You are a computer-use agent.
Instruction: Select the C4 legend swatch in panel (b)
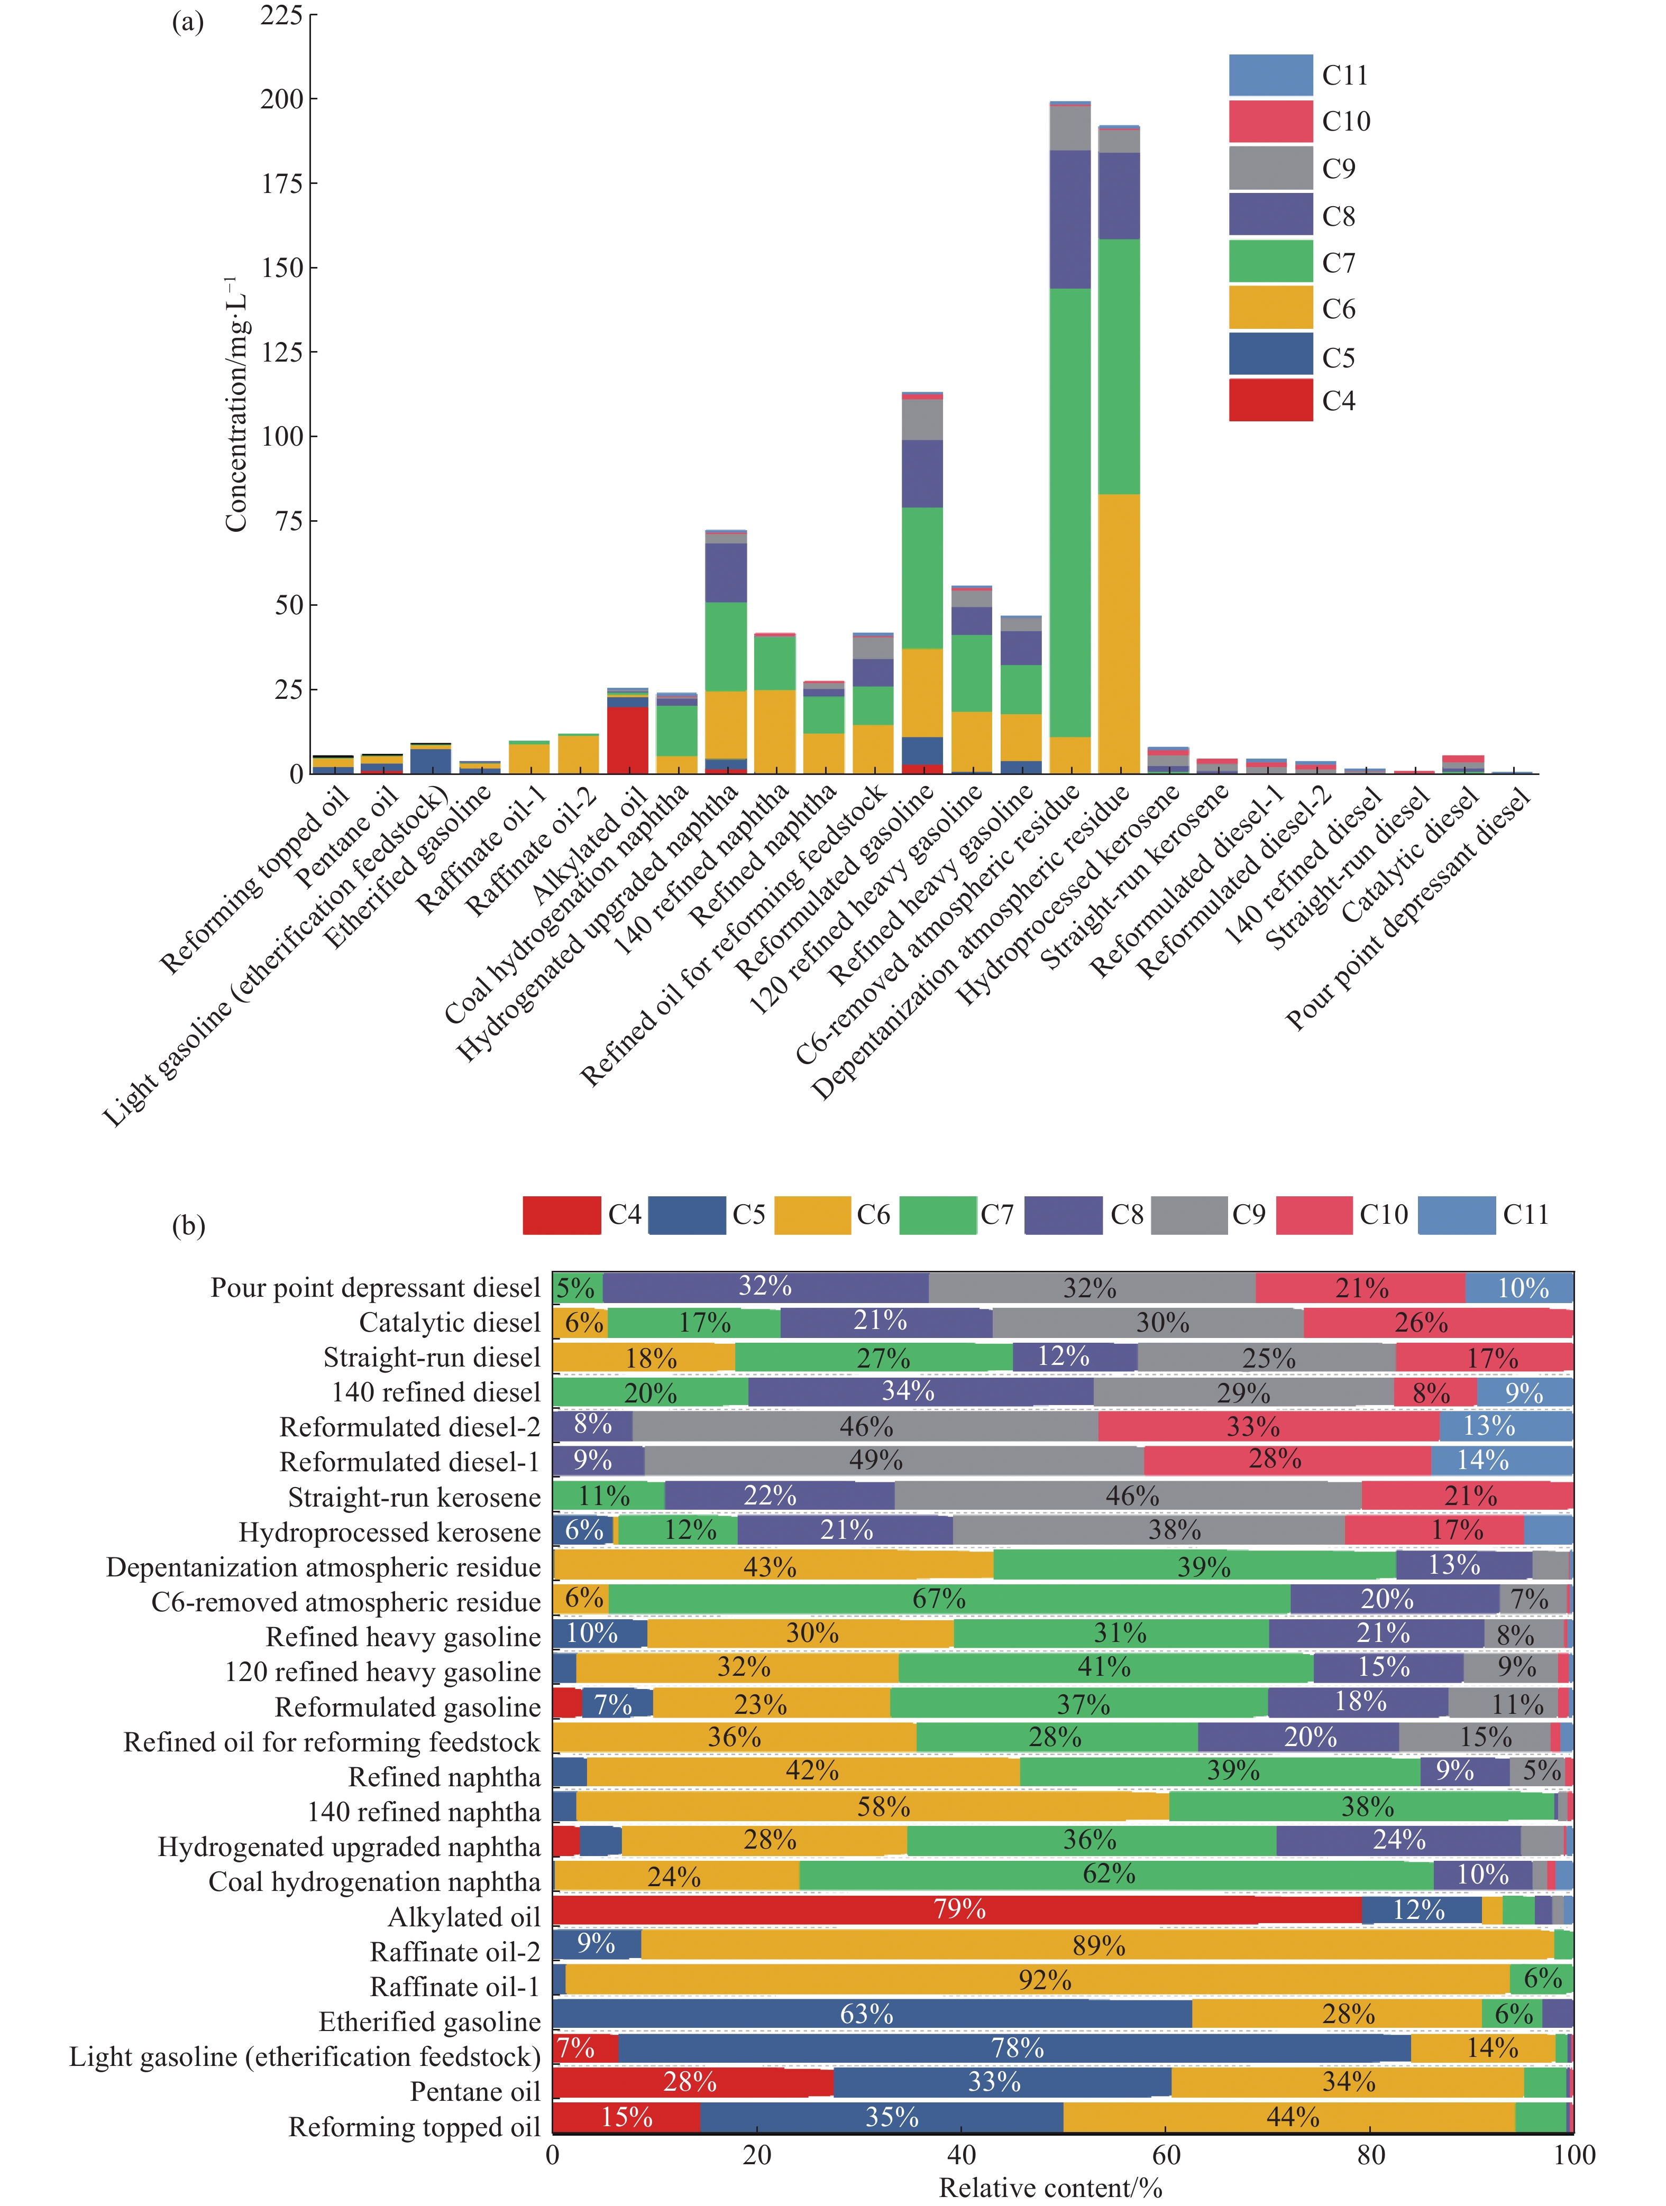coord(562,1215)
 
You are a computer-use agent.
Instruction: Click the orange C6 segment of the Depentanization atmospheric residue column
coord(1118,633)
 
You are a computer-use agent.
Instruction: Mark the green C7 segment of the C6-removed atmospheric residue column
coord(1069,513)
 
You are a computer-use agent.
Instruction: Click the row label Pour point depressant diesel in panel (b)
coord(375,1288)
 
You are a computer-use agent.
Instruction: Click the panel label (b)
coord(188,1225)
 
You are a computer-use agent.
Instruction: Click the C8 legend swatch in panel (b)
coord(1064,1215)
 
